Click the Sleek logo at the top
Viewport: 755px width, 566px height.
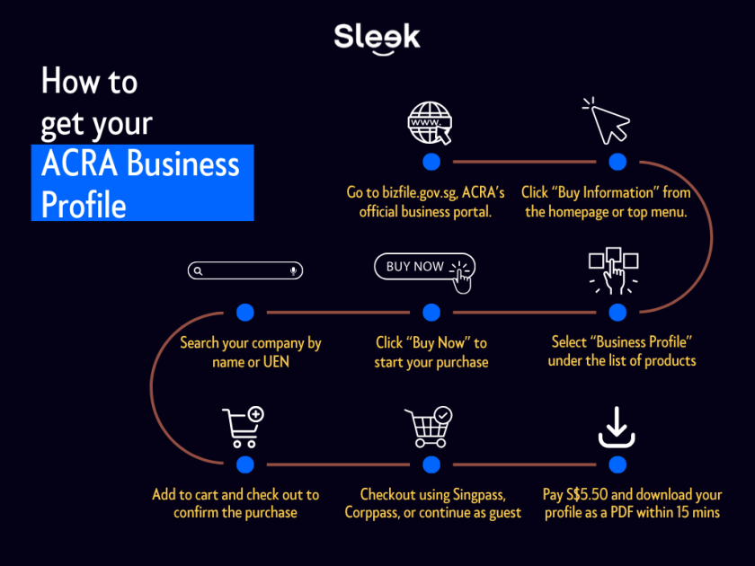pyautogui.click(x=377, y=38)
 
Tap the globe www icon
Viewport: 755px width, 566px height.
pyautogui.click(x=430, y=123)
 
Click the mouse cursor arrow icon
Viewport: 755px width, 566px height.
pyautogui.click(x=606, y=120)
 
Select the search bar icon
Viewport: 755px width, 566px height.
pyautogui.click(x=245, y=270)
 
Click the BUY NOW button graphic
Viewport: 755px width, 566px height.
pyautogui.click(x=423, y=267)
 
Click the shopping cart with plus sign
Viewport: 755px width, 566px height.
pyautogui.click(x=242, y=427)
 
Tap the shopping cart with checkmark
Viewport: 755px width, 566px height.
pyautogui.click(x=428, y=427)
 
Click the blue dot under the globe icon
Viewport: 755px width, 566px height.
pyautogui.click(x=431, y=162)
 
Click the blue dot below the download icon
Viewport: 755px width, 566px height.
pyautogui.click(x=617, y=464)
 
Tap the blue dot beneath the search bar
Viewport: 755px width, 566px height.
pyautogui.click(x=245, y=312)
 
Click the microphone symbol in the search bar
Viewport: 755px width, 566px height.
pyautogui.click(x=294, y=270)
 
